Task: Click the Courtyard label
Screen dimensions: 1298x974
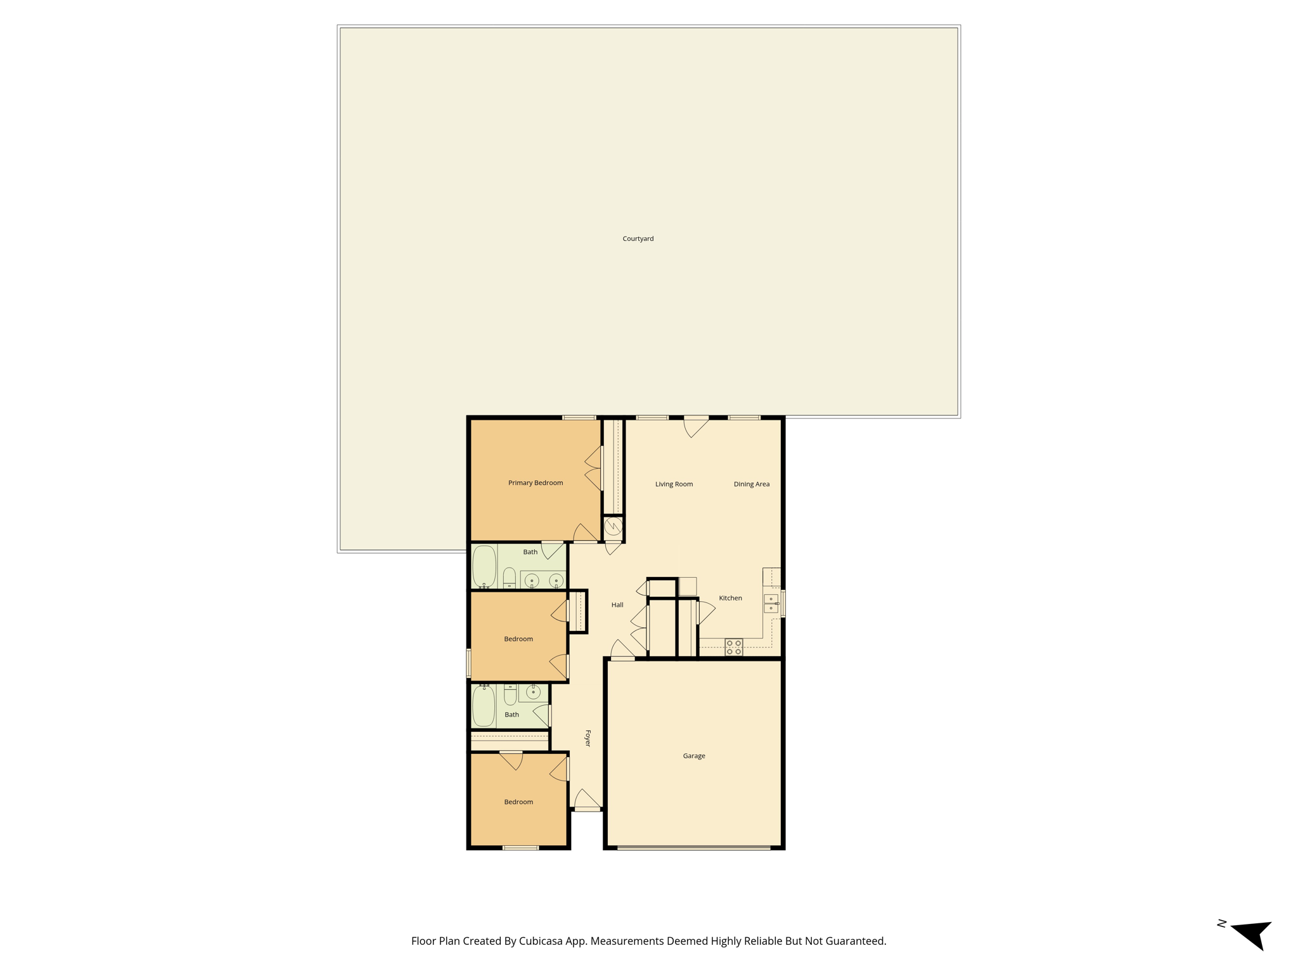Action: click(x=638, y=238)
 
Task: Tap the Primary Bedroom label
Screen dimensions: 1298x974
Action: click(x=536, y=483)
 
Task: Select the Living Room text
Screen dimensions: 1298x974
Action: click(x=674, y=484)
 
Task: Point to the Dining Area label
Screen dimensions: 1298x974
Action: click(x=752, y=484)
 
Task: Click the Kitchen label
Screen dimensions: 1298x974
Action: click(x=730, y=598)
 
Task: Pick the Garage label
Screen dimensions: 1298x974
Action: click(x=694, y=756)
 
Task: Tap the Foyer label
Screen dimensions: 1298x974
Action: click(x=588, y=738)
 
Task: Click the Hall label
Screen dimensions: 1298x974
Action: click(x=617, y=605)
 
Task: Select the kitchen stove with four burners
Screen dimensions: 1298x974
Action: click(x=734, y=647)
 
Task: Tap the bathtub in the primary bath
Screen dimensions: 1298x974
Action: click(x=484, y=566)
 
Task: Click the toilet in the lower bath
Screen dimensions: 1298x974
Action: click(x=510, y=694)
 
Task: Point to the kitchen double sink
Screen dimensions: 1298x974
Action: click(x=771, y=603)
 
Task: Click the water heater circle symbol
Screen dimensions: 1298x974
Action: click(x=613, y=526)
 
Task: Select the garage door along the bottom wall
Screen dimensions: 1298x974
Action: click(x=694, y=848)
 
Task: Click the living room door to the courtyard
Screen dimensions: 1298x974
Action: click(x=696, y=426)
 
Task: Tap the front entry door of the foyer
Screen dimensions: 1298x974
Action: click(x=588, y=800)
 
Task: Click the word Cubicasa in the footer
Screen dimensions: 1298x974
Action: click(x=542, y=941)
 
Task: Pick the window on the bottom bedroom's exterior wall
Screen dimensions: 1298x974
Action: click(x=520, y=848)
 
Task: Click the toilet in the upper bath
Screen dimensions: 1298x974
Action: click(x=510, y=578)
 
